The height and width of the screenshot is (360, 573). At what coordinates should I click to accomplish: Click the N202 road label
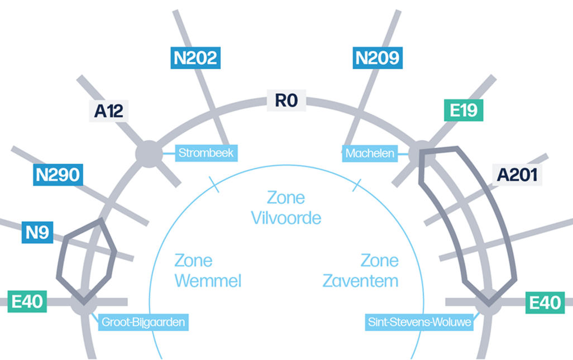point(195,57)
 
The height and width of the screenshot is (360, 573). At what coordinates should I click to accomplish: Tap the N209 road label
point(377,57)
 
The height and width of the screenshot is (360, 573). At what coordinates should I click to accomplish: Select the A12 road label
point(108,111)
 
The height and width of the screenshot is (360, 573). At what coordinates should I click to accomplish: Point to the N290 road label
point(58,175)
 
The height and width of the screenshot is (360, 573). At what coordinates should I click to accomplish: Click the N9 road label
point(37,232)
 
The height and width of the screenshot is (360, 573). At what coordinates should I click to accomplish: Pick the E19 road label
point(463,110)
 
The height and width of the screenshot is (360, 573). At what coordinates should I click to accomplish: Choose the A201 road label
point(517,175)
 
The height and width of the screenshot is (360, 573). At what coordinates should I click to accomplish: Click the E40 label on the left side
point(27,302)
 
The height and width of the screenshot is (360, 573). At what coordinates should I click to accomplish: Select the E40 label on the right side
point(545,303)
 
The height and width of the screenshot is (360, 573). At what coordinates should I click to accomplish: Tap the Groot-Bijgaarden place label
point(143,322)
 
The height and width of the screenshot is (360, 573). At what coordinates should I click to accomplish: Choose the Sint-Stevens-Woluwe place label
point(419,322)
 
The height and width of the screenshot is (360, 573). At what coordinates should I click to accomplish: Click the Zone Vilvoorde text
point(286,207)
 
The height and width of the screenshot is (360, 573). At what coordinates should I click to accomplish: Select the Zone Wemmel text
point(208,270)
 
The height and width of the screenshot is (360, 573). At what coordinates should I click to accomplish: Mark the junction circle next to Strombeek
point(149,153)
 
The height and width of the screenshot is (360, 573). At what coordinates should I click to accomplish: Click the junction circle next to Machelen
point(421,153)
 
